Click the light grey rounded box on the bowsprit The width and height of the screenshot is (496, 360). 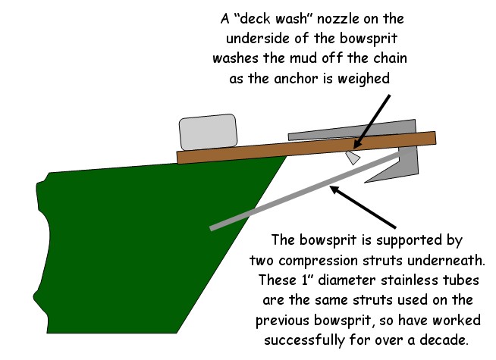208,131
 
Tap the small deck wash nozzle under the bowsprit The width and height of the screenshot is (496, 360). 353,158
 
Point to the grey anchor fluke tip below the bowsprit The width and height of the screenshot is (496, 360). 366,182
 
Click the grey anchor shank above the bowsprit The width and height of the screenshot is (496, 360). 352,130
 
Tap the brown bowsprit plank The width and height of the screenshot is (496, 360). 306,148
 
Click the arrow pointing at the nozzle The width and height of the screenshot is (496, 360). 372,121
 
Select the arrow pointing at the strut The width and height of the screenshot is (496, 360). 363,207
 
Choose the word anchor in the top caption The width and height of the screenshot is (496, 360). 296,78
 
